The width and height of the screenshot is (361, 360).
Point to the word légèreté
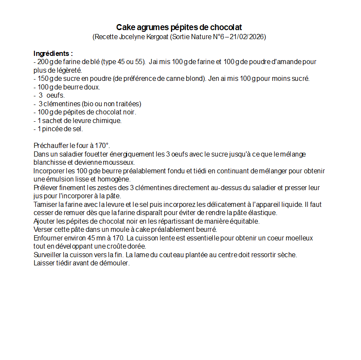pos(67,70)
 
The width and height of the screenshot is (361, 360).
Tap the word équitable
pos(244,221)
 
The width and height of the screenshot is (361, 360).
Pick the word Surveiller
pos(47,255)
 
